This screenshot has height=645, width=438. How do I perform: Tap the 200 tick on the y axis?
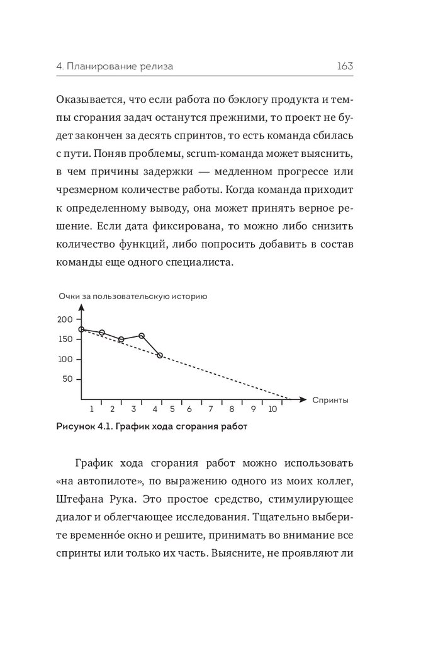[65, 319]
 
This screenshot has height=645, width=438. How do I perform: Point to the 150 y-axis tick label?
[65, 340]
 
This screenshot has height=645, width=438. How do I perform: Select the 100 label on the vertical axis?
[65, 360]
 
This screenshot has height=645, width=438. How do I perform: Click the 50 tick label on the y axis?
[67, 379]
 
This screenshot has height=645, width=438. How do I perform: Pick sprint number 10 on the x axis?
[272, 408]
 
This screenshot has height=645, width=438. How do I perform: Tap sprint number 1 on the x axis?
[92, 408]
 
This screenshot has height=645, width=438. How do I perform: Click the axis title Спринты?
[330, 400]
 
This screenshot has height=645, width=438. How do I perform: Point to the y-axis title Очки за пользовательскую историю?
[132, 296]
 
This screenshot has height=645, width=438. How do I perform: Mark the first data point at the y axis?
[82, 329]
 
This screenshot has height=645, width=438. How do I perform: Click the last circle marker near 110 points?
[160, 355]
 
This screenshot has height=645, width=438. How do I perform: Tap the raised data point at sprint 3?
[142, 336]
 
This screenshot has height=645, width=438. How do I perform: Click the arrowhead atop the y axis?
[82, 308]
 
